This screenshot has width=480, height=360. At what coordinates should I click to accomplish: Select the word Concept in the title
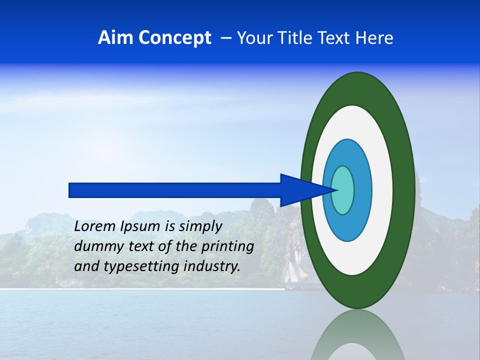tap(175, 38)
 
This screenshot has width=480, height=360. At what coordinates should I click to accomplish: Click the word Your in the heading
tap(255, 38)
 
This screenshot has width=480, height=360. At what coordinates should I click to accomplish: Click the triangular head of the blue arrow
tap(300, 190)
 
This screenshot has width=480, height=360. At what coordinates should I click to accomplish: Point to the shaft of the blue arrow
tap(175, 190)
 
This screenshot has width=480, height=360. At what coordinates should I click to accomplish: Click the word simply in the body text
tap(200, 226)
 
